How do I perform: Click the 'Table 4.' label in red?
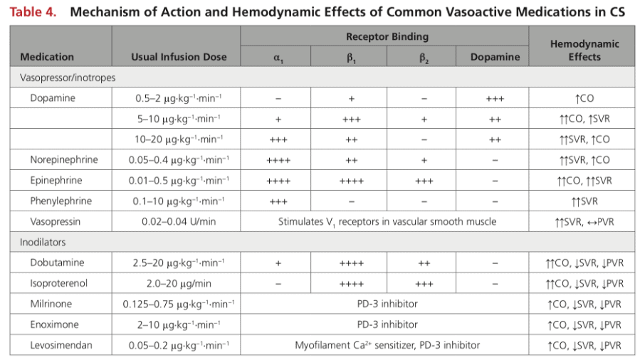point(33,12)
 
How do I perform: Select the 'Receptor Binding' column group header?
point(387,37)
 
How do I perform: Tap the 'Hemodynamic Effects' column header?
point(584,50)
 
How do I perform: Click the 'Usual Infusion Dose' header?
point(179,57)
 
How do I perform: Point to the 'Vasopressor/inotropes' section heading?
point(68,78)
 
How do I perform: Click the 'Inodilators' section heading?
point(43,242)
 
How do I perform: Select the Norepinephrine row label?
point(64,159)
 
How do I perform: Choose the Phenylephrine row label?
point(61,201)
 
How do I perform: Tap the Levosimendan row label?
point(61,345)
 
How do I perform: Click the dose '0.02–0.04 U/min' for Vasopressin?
point(179,221)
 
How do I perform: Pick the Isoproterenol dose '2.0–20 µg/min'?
point(179,283)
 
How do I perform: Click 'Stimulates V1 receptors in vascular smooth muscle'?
point(387,222)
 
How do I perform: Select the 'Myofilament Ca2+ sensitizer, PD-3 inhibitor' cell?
point(387,345)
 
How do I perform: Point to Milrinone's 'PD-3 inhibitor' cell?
point(387,304)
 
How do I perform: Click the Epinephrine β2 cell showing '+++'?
point(424,181)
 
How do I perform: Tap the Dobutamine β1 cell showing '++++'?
point(352,263)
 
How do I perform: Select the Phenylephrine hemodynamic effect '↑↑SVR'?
point(584,201)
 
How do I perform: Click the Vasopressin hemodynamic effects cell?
point(584,222)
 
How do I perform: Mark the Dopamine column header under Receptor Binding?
point(495,57)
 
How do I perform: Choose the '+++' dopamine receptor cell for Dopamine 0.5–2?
point(495,99)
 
